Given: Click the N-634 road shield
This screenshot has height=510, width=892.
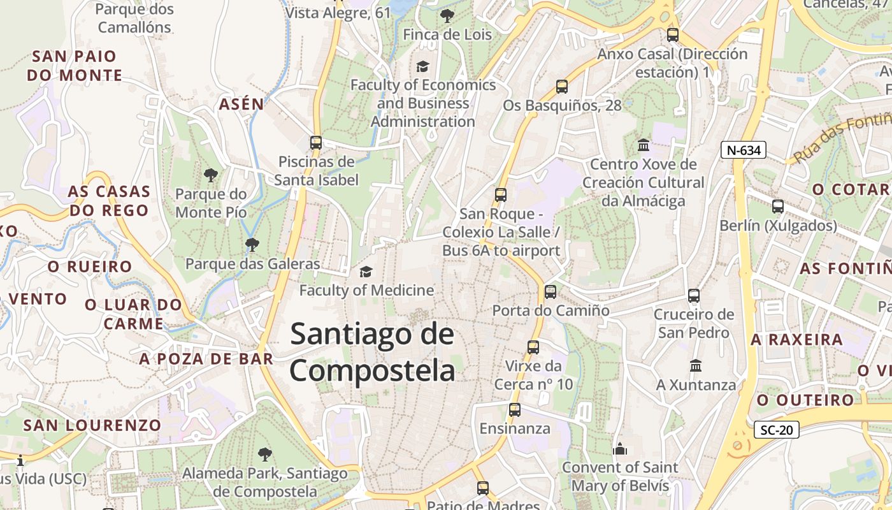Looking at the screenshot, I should tap(743, 150).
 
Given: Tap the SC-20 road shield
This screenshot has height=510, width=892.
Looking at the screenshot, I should tap(776, 430).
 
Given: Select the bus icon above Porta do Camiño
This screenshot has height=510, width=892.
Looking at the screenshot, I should tap(550, 292).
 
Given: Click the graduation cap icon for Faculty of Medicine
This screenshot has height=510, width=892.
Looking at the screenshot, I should tap(366, 272).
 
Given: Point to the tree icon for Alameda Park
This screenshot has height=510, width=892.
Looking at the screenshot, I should tap(265, 455).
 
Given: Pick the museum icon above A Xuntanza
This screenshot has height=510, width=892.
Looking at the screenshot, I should tap(696, 366).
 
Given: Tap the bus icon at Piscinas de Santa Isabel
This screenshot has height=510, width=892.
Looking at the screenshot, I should tap(316, 143).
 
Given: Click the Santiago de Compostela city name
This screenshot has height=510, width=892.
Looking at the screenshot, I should tap(373, 353).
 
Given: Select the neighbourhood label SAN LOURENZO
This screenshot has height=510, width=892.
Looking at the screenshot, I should tap(92, 425).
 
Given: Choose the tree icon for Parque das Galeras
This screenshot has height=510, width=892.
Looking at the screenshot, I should tap(252, 244).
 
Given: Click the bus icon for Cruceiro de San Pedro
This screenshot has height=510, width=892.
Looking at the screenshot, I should tap(694, 296).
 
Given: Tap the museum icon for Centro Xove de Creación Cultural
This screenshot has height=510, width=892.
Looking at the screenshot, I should tap(644, 145).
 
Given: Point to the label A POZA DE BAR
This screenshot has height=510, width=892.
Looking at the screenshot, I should tap(206, 359).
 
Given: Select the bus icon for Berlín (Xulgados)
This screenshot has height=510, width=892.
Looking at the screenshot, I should tap(778, 207).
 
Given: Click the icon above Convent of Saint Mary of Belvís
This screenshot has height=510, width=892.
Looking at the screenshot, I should tap(620, 449).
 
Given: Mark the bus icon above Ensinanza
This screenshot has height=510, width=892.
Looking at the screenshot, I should tap(515, 410).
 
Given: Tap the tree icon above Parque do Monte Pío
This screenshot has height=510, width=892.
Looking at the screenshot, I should tap(211, 175).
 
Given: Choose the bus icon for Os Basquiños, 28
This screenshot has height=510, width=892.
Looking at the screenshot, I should tap(562, 87).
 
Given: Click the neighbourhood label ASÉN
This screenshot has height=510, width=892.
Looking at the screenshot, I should tap(241, 105).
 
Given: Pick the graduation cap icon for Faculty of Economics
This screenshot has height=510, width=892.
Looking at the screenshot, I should tap(422, 66).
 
